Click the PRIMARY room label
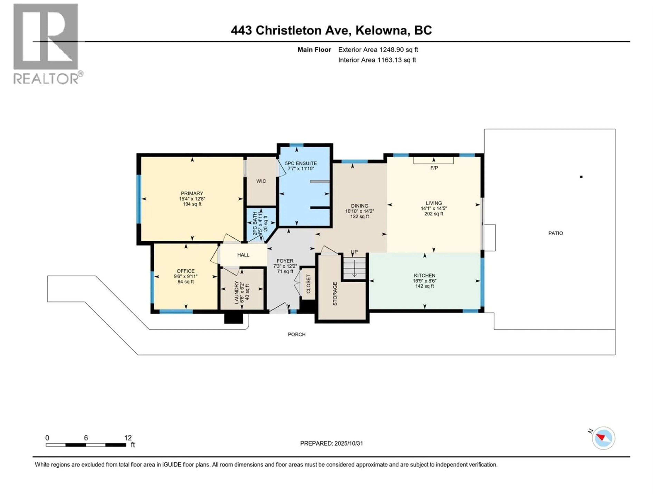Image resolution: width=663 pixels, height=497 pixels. coord(192,193)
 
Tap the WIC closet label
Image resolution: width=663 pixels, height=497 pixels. coord(261,181)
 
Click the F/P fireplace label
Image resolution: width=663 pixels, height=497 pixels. coord(434,168)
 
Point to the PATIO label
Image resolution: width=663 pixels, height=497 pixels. coord(555,233)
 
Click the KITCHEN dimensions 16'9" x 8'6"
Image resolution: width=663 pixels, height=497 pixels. coord(424,281)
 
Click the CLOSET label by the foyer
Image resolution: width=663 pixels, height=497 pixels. coord(308,284)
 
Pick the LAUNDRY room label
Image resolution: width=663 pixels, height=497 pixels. coord(237,292)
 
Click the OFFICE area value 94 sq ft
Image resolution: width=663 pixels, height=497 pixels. coord(186,282)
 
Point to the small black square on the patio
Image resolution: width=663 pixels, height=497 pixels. coord(581,177)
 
